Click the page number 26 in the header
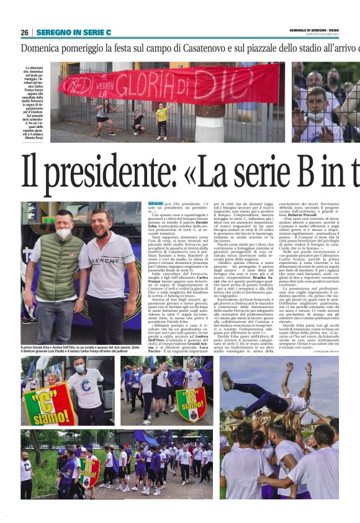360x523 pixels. (24, 32)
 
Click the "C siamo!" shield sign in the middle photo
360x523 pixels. (191, 404)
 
